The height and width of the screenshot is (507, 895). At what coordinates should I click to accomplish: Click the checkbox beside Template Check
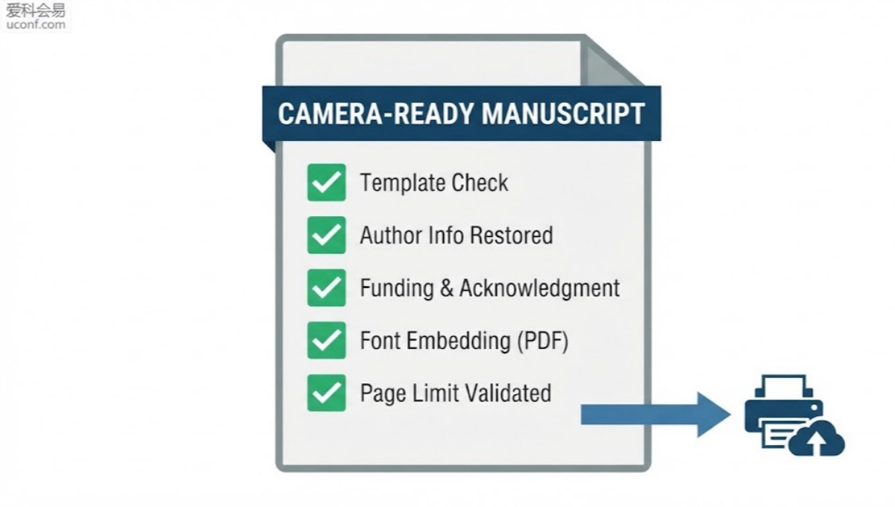click(x=327, y=182)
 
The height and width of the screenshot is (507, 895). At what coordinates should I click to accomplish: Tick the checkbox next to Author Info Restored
click(x=327, y=235)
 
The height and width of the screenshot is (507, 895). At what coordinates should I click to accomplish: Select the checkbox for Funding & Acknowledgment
click(x=327, y=288)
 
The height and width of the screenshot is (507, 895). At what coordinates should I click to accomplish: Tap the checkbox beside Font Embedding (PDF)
click(x=327, y=341)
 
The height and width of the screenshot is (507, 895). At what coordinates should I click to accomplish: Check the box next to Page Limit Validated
click(x=327, y=393)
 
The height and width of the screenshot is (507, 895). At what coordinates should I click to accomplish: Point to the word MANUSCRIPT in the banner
click(x=563, y=114)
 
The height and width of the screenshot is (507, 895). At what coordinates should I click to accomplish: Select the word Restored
click(x=512, y=235)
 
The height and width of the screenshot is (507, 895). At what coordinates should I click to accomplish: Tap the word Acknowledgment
click(x=539, y=289)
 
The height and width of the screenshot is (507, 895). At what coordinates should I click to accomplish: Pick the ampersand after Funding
click(x=447, y=288)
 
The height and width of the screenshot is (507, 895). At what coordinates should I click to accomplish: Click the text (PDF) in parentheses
click(x=543, y=341)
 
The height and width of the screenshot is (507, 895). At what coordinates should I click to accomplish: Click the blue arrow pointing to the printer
click(x=656, y=415)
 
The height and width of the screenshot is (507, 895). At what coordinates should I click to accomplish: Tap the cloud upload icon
click(x=817, y=438)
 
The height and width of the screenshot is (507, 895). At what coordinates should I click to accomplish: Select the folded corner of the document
click(x=612, y=63)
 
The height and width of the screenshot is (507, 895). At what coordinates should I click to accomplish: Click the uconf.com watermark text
click(x=36, y=25)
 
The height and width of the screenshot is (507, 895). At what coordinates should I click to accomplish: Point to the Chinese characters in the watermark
click(x=36, y=10)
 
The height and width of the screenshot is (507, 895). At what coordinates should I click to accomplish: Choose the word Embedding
click(x=459, y=341)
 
